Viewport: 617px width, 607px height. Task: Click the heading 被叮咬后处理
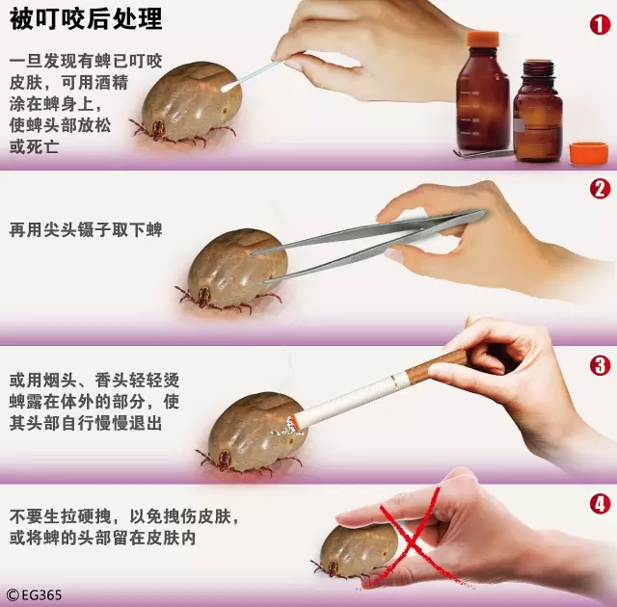coord(86,18)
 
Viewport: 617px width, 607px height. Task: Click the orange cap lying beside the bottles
coord(588,152)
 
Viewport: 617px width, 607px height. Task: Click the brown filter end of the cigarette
coord(443,364)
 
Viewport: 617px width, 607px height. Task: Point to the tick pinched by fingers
coord(362,549)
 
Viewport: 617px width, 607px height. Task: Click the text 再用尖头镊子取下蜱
coord(85,230)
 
